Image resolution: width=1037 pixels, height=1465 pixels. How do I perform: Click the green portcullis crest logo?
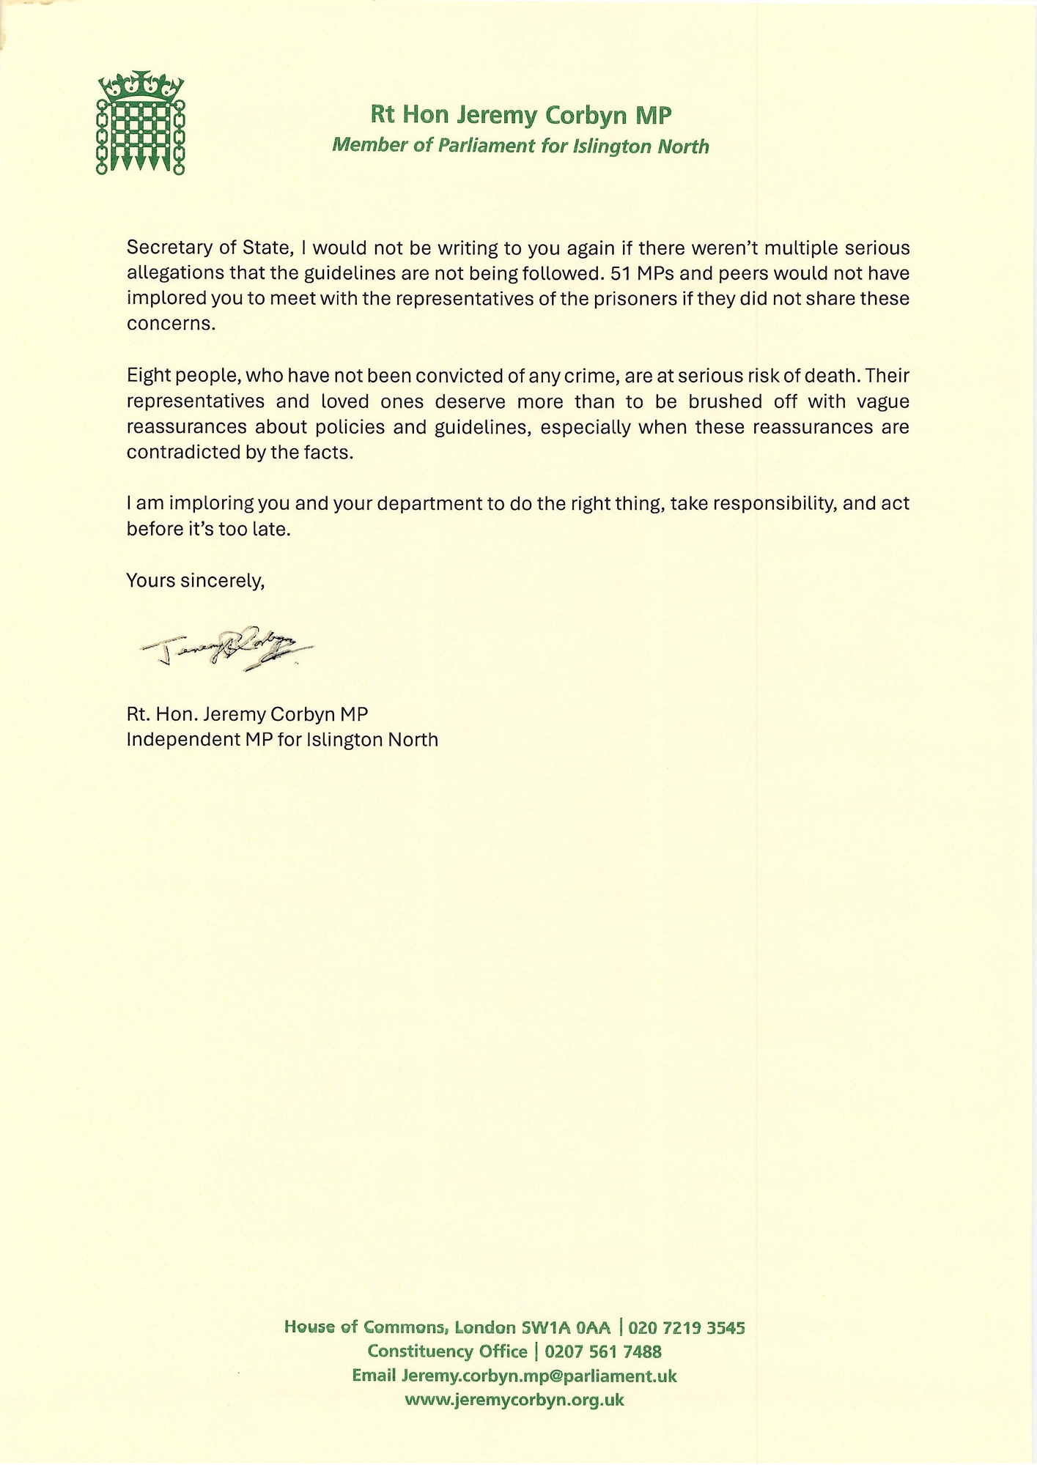click(x=140, y=123)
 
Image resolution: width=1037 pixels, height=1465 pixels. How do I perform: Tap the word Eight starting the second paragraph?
click(x=147, y=376)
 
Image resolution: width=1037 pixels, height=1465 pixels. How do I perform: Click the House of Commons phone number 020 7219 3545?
click(x=687, y=1327)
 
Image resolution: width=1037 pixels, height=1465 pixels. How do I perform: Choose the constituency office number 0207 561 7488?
click(x=603, y=1351)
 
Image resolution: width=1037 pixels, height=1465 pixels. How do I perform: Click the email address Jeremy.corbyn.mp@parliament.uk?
click(x=539, y=1376)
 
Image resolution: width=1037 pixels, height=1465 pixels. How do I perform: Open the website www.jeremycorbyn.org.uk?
click(x=514, y=1400)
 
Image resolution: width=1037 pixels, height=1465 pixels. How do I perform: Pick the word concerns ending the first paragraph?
click(x=171, y=324)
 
